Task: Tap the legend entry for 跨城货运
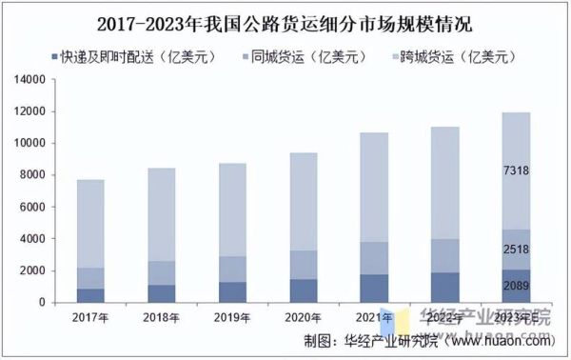click(457, 56)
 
